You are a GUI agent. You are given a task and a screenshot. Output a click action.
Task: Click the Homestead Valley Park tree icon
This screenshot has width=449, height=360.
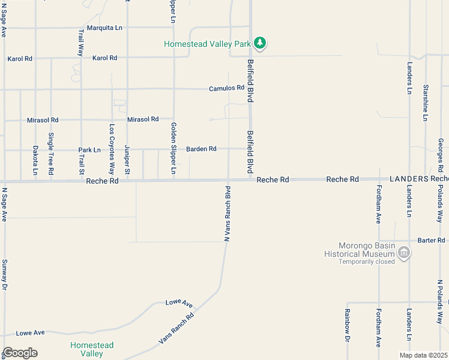point(260,43)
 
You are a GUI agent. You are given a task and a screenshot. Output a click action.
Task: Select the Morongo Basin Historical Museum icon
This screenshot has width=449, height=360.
point(405,253)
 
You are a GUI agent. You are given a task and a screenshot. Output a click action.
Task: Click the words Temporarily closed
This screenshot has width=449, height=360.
point(367,261)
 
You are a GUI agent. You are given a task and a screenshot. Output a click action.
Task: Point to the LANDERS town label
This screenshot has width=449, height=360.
point(409,179)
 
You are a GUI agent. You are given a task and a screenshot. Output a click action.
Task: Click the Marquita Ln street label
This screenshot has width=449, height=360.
point(104,28)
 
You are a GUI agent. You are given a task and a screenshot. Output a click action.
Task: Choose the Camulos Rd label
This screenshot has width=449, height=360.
point(226,88)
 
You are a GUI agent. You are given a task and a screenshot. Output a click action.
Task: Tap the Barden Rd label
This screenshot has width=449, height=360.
point(201,149)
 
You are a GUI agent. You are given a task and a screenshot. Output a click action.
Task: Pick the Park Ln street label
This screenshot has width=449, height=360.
point(89,149)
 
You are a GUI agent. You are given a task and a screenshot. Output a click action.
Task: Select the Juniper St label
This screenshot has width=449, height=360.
point(127,160)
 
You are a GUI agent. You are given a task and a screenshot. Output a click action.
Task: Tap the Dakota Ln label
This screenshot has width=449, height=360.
point(35,160)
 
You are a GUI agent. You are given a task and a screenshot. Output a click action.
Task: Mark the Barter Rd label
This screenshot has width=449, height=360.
point(431,240)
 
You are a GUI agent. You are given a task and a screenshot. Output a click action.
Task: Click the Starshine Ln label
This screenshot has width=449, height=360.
point(425,102)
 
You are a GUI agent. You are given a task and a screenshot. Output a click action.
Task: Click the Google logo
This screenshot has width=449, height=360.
point(20,353)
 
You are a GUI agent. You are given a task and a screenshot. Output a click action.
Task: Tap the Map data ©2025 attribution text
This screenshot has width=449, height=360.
point(423,355)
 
